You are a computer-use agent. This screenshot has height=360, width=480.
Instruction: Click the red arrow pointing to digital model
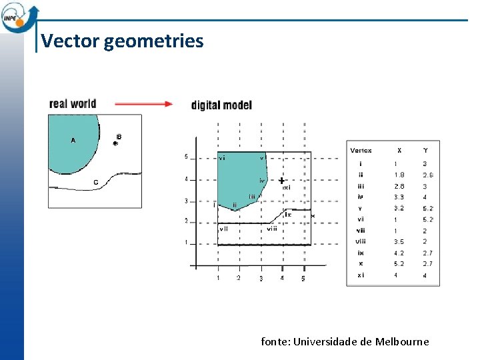(x=143, y=104)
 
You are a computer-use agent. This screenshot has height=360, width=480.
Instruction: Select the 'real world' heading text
(x=73, y=103)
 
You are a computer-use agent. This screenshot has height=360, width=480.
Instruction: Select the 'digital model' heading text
(x=221, y=105)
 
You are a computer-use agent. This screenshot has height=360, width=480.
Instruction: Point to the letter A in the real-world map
(x=73, y=140)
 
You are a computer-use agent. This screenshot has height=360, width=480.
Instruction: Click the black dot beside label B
(x=115, y=143)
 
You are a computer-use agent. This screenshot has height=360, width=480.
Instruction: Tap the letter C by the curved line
(x=96, y=182)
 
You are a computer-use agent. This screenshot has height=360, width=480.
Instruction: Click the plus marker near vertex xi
(x=282, y=181)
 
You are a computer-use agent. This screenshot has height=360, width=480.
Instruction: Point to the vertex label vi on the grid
(x=222, y=158)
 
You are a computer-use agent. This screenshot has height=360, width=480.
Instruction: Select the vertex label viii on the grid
(x=272, y=229)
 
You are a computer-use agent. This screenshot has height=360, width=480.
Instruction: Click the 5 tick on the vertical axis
(x=186, y=157)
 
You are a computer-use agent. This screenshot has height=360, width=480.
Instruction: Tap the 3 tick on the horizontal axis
(x=261, y=277)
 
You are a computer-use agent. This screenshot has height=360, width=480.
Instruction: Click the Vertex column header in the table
(x=361, y=151)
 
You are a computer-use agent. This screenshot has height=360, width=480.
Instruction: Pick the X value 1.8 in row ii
(x=399, y=175)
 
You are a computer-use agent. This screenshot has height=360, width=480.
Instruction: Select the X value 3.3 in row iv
(x=399, y=197)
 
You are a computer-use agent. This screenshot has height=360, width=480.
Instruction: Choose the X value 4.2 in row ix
(x=399, y=253)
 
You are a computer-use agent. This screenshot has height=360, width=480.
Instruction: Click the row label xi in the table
(x=361, y=275)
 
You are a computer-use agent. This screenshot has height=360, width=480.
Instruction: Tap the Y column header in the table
(x=426, y=151)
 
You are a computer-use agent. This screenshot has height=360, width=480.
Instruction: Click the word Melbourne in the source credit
(x=403, y=341)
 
